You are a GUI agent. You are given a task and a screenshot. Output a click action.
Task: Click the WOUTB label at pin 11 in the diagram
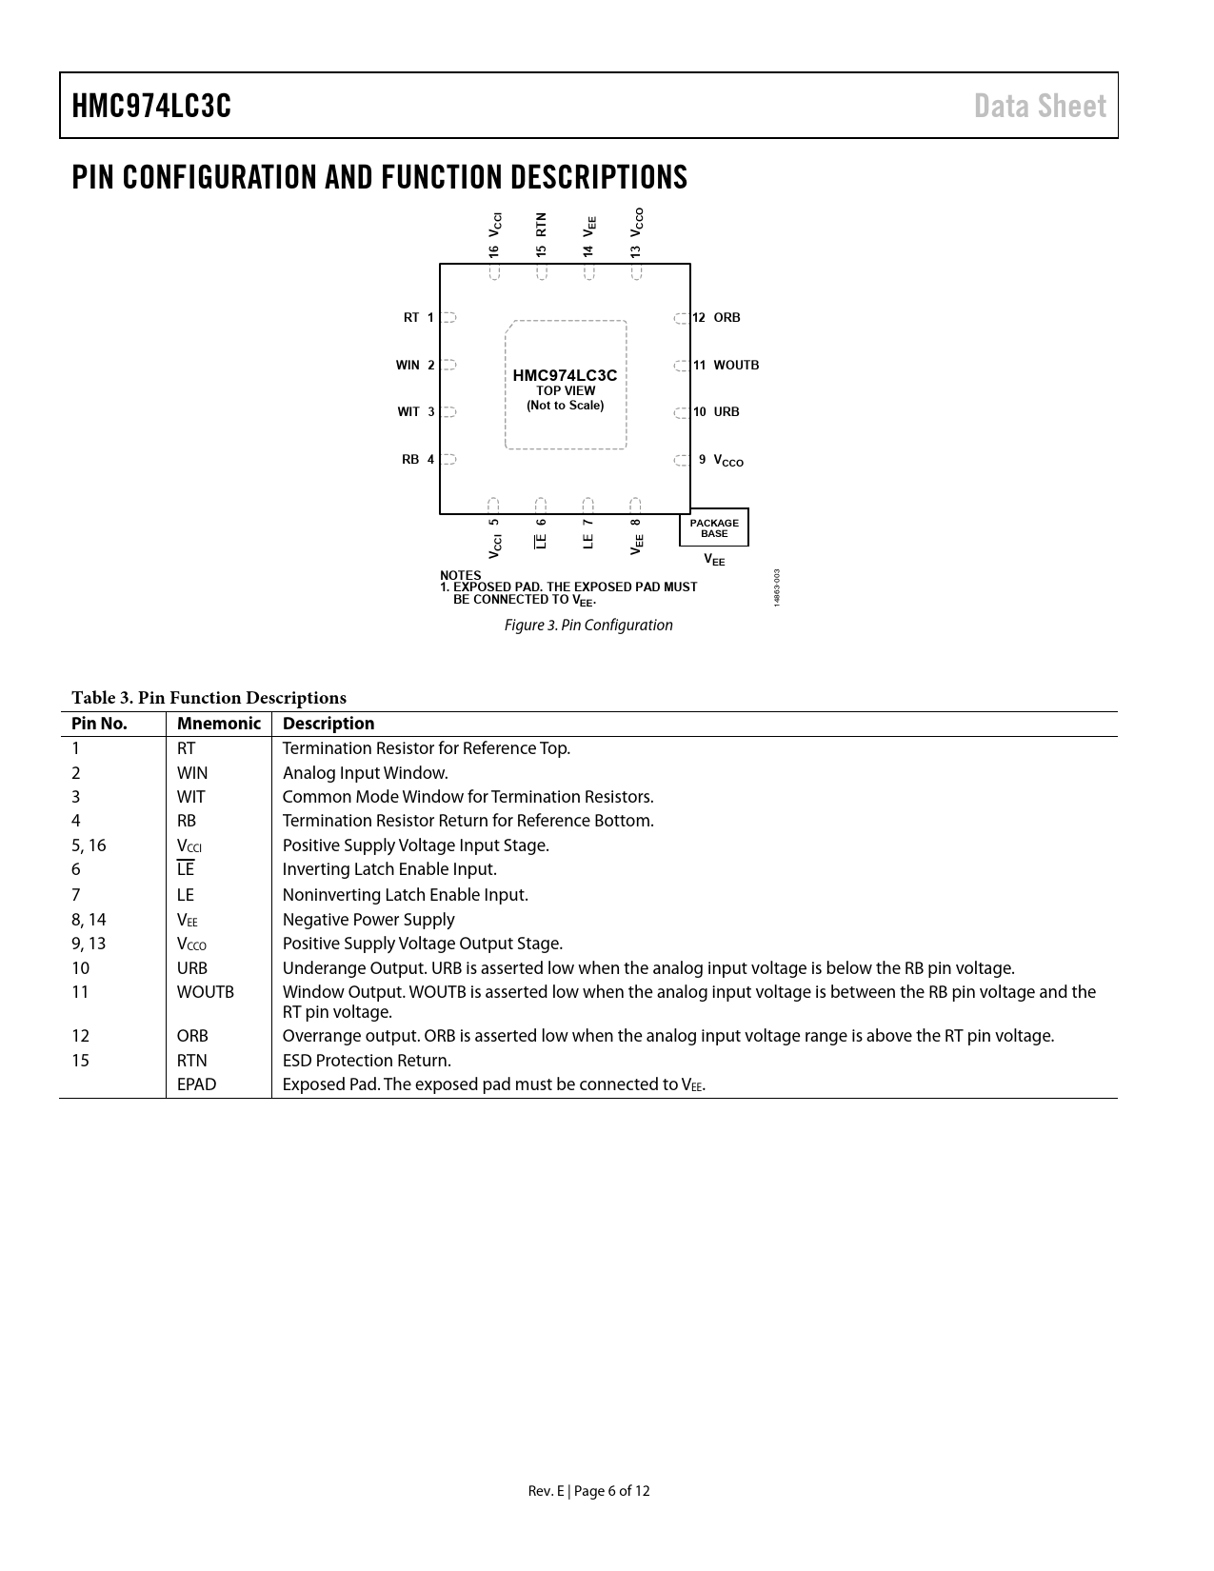point(736,365)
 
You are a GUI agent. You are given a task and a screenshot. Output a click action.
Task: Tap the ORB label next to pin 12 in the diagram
point(726,317)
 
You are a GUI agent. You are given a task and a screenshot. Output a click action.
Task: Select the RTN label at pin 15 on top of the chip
point(541,225)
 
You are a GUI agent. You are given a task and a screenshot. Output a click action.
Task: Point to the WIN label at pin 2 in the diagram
point(408,365)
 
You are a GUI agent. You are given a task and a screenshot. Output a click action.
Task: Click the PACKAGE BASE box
point(714,527)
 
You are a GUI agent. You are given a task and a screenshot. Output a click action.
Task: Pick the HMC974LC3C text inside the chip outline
point(565,375)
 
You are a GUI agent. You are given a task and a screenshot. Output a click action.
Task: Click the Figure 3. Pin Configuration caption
point(588,625)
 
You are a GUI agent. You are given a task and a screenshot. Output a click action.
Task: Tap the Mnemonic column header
point(218,724)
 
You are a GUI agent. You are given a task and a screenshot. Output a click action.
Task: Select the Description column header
point(328,724)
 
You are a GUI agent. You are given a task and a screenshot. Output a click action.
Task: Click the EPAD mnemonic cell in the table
point(196,1084)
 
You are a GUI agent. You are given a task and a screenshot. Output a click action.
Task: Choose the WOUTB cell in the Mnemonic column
point(205,992)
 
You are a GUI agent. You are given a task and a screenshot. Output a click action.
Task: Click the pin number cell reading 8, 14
point(89,920)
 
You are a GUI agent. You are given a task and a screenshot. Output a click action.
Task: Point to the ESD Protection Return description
point(367,1061)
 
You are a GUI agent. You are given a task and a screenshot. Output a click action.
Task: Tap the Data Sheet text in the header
point(1040,106)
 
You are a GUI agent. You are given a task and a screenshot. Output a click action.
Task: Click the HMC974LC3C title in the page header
point(151,106)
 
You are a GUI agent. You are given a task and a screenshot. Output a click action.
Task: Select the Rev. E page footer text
point(588,1491)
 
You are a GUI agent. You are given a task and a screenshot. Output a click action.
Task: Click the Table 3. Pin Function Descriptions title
point(209,698)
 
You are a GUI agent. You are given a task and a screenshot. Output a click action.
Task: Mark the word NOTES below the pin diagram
point(460,575)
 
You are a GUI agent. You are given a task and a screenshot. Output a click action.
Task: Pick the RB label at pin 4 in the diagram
point(410,459)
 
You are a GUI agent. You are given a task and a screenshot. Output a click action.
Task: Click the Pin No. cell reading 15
point(80,1061)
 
